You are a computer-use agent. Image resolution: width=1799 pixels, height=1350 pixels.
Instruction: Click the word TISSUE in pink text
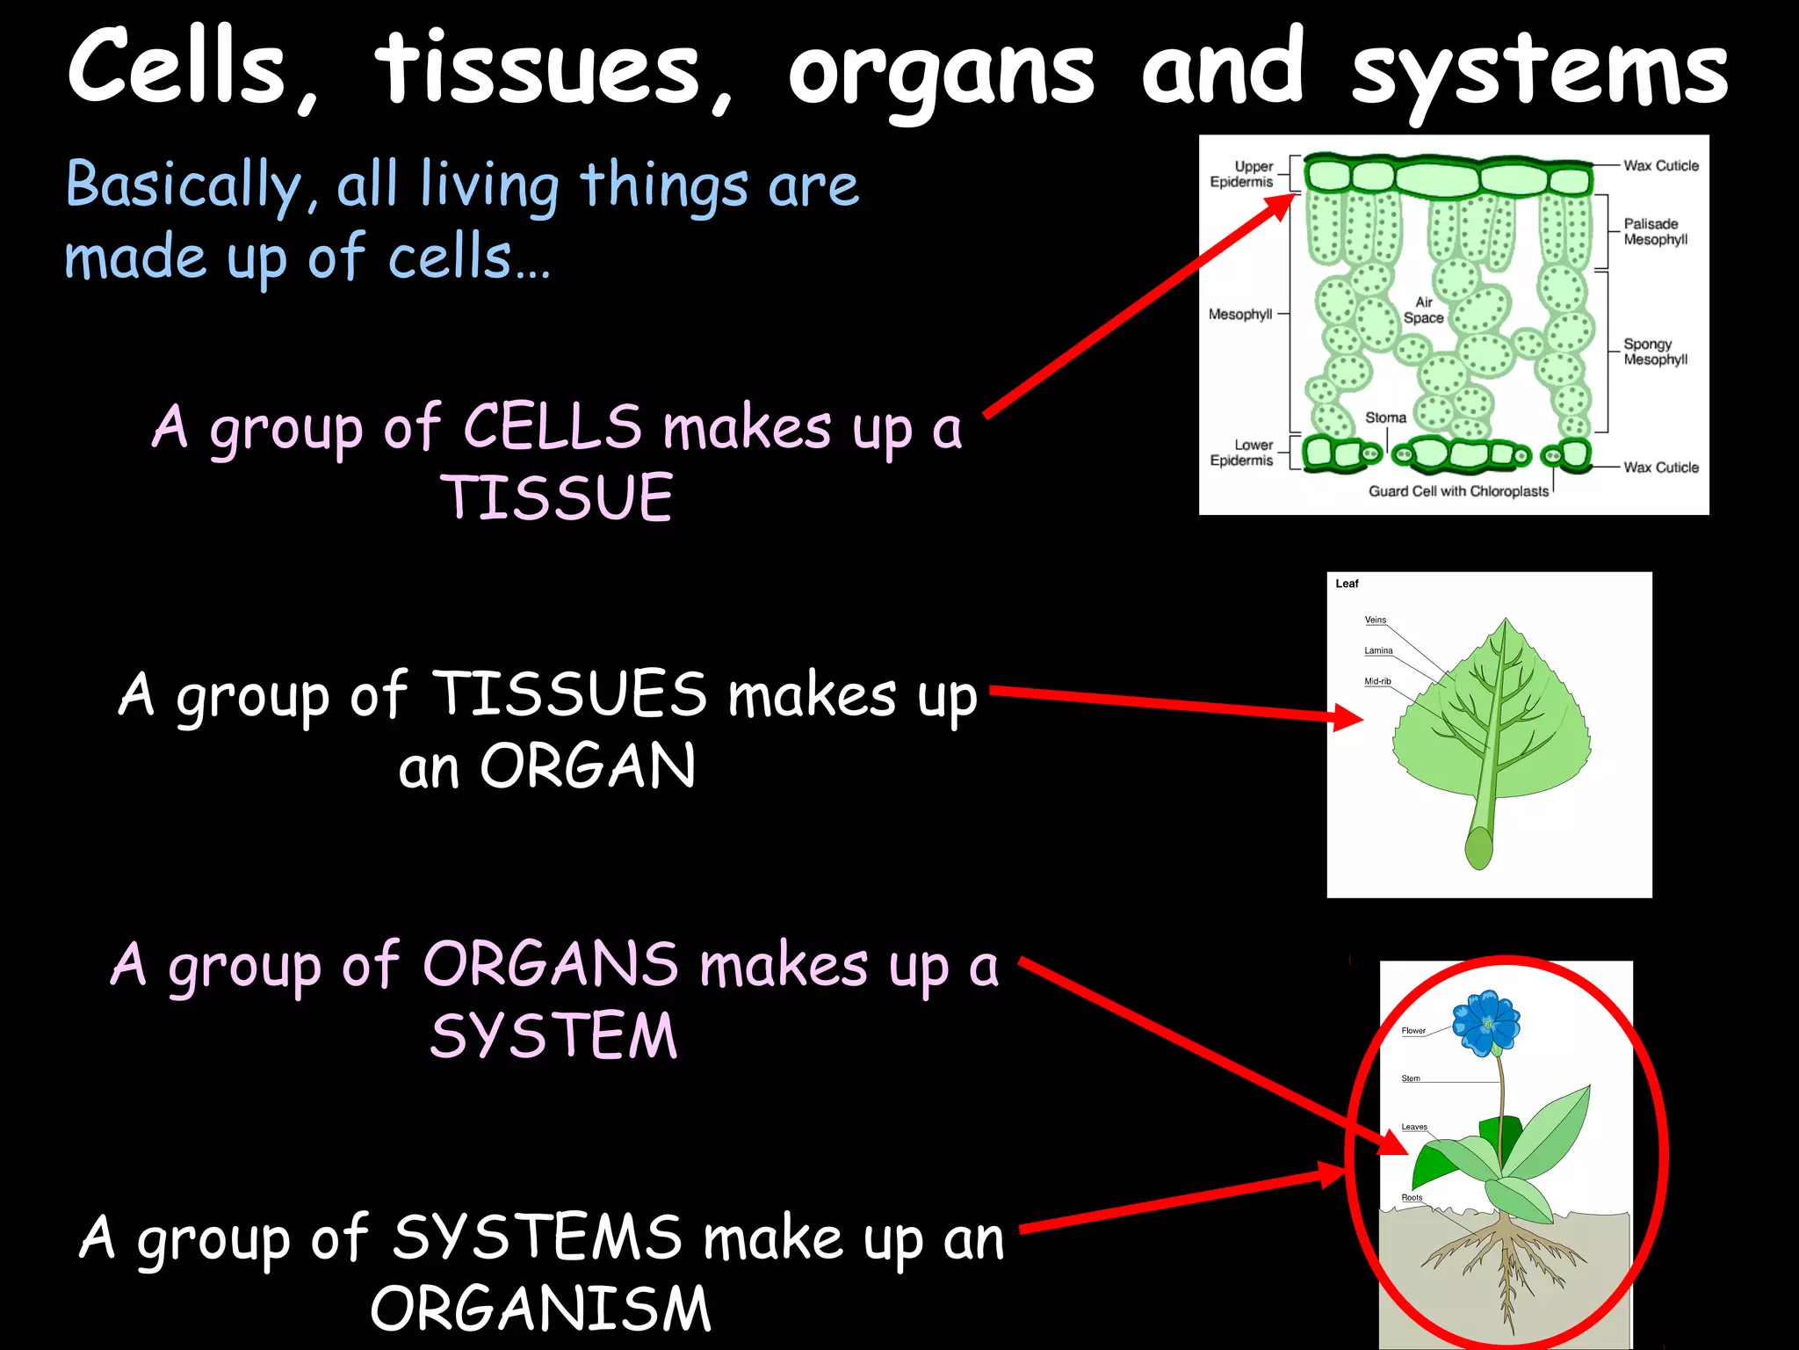(557, 497)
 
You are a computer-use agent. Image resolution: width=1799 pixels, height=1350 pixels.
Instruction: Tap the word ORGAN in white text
(588, 766)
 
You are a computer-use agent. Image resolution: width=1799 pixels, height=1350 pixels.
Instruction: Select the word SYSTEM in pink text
(554, 1035)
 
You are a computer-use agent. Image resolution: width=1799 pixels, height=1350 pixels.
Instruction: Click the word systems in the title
(1539, 70)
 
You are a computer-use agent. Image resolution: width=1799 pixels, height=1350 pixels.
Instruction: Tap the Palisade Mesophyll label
(1655, 231)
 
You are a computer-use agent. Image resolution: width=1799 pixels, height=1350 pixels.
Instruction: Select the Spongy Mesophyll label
(1655, 352)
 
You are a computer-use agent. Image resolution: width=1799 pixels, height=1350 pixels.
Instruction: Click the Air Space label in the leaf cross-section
(1423, 310)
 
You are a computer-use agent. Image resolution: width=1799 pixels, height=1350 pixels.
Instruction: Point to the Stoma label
(1385, 417)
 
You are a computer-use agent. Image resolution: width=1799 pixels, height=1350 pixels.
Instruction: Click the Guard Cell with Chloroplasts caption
(1458, 491)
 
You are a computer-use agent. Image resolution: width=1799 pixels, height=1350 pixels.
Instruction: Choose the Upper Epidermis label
(1242, 174)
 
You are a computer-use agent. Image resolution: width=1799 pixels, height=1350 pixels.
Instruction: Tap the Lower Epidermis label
(1242, 453)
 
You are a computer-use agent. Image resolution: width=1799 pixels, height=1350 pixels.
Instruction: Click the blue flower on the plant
(1486, 1023)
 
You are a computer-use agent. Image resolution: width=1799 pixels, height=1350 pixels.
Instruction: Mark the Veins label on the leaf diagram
(1375, 620)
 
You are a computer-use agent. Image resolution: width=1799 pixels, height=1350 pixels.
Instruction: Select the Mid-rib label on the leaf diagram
(1377, 681)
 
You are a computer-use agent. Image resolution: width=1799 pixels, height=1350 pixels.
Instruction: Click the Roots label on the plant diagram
(1412, 1197)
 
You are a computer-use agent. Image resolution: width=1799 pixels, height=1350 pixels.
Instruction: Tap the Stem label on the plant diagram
(1411, 1078)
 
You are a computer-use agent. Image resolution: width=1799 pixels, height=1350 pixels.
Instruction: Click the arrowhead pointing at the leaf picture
(1347, 717)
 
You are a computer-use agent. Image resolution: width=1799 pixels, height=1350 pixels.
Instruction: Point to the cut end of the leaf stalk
(1478, 848)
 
